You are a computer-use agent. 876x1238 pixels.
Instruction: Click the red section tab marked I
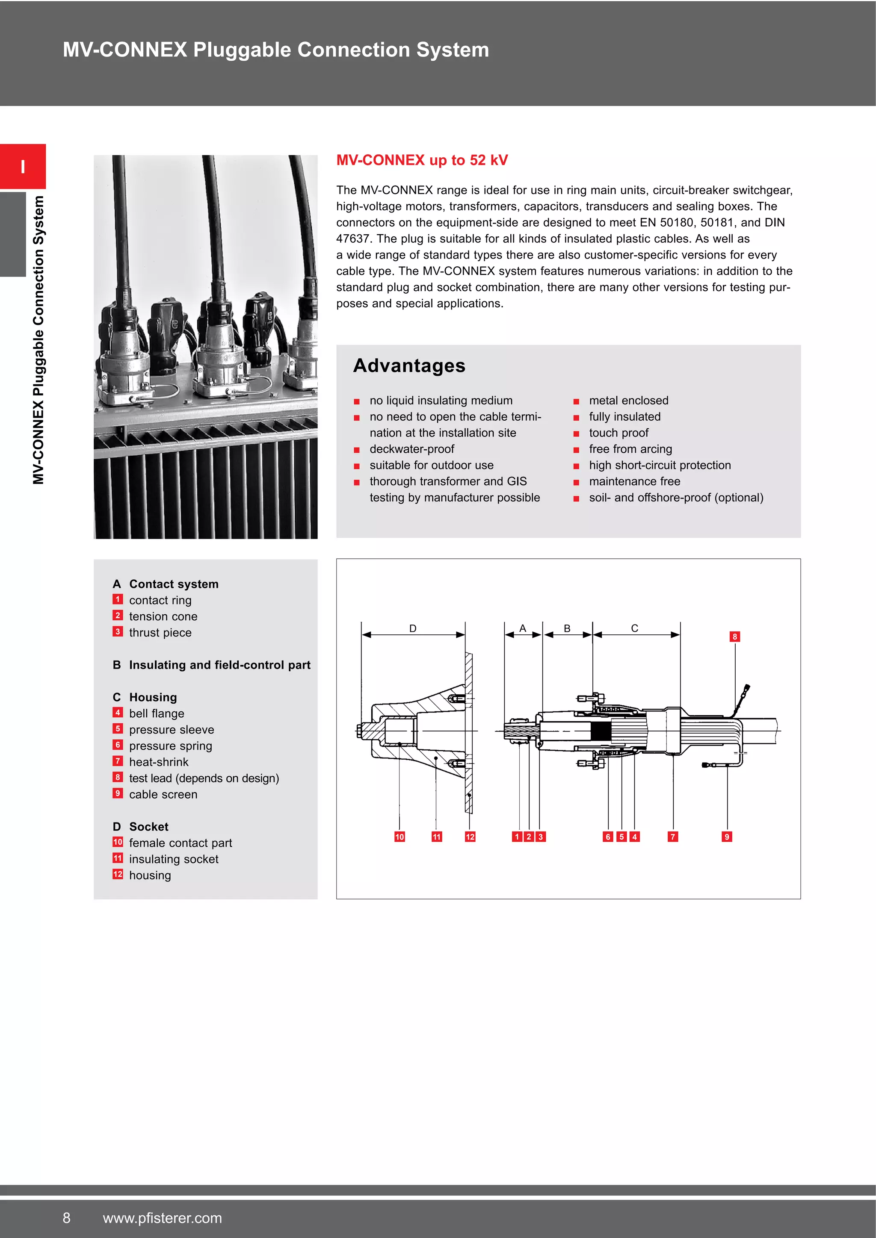(23, 167)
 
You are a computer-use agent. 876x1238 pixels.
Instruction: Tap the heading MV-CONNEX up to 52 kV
(422, 160)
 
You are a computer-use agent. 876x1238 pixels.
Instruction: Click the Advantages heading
(409, 366)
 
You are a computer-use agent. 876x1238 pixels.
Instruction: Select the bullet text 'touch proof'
(618, 433)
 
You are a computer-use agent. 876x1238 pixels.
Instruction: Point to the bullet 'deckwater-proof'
(411, 449)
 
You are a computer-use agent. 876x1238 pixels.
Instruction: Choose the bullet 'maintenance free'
(634, 481)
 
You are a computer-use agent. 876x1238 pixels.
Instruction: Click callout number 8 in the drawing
(734, 637)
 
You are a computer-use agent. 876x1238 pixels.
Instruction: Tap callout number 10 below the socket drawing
(399, 837)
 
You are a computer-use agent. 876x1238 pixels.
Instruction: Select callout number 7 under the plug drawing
(673, 837)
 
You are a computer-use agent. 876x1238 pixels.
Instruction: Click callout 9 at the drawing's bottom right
(727, 837)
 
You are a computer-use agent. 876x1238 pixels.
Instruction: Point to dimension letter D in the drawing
(413, 628)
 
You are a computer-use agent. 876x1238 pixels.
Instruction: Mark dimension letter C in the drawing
(634, 628)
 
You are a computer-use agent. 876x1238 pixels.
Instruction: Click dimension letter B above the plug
(567, 628)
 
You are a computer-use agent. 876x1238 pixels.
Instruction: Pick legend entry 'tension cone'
(163, 616)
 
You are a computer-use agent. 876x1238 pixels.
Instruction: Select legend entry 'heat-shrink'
(159, 762)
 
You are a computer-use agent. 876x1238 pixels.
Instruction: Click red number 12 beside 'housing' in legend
(118, 874)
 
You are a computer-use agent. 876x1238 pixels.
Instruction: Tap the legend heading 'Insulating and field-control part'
(219, 665)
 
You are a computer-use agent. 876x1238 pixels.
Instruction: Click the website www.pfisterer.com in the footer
(163, 1218)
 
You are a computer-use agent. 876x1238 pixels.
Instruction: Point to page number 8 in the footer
(66, 1218)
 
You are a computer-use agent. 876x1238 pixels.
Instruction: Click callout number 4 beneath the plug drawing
(635, 837)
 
